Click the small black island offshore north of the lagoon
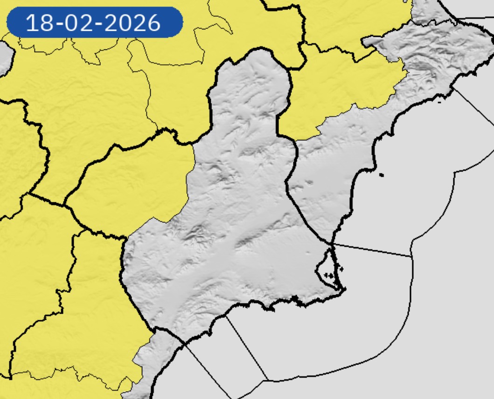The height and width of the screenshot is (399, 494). [382, 175]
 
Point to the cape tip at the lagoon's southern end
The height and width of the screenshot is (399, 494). [344, 290]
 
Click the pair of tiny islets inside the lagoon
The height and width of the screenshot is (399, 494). [330, 275]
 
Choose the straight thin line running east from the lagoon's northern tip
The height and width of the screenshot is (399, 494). [373, 250]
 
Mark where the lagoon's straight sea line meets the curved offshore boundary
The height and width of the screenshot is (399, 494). [412, 256]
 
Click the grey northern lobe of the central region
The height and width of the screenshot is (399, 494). [250, 89]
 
